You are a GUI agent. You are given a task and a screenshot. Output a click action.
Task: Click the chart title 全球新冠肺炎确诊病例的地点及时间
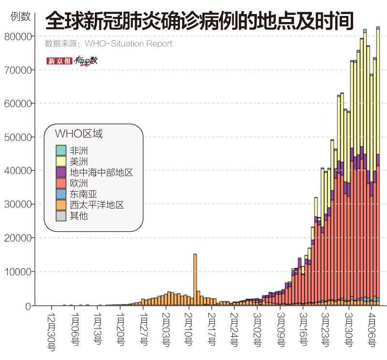pos(199,22)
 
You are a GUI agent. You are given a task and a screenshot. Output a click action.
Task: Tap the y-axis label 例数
pos(20,16)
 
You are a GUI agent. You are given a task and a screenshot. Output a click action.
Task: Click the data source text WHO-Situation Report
pos(128,44)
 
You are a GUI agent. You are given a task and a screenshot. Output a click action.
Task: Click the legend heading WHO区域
pos(78,134)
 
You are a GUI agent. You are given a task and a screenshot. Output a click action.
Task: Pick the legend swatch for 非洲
pos(60,150)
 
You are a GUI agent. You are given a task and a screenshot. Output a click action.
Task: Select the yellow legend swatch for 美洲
pos(60,161)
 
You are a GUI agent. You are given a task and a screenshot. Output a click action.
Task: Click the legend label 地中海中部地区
pos(101,172)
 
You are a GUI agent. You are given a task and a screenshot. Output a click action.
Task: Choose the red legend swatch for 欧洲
pos(60,183)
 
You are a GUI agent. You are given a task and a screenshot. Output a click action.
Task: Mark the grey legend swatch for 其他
pos(60,216)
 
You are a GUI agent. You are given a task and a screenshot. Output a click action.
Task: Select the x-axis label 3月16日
pos(302,330)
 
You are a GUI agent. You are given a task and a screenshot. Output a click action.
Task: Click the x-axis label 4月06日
pos(371,330)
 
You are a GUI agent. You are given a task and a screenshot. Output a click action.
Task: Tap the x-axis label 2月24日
pos(234,330)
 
